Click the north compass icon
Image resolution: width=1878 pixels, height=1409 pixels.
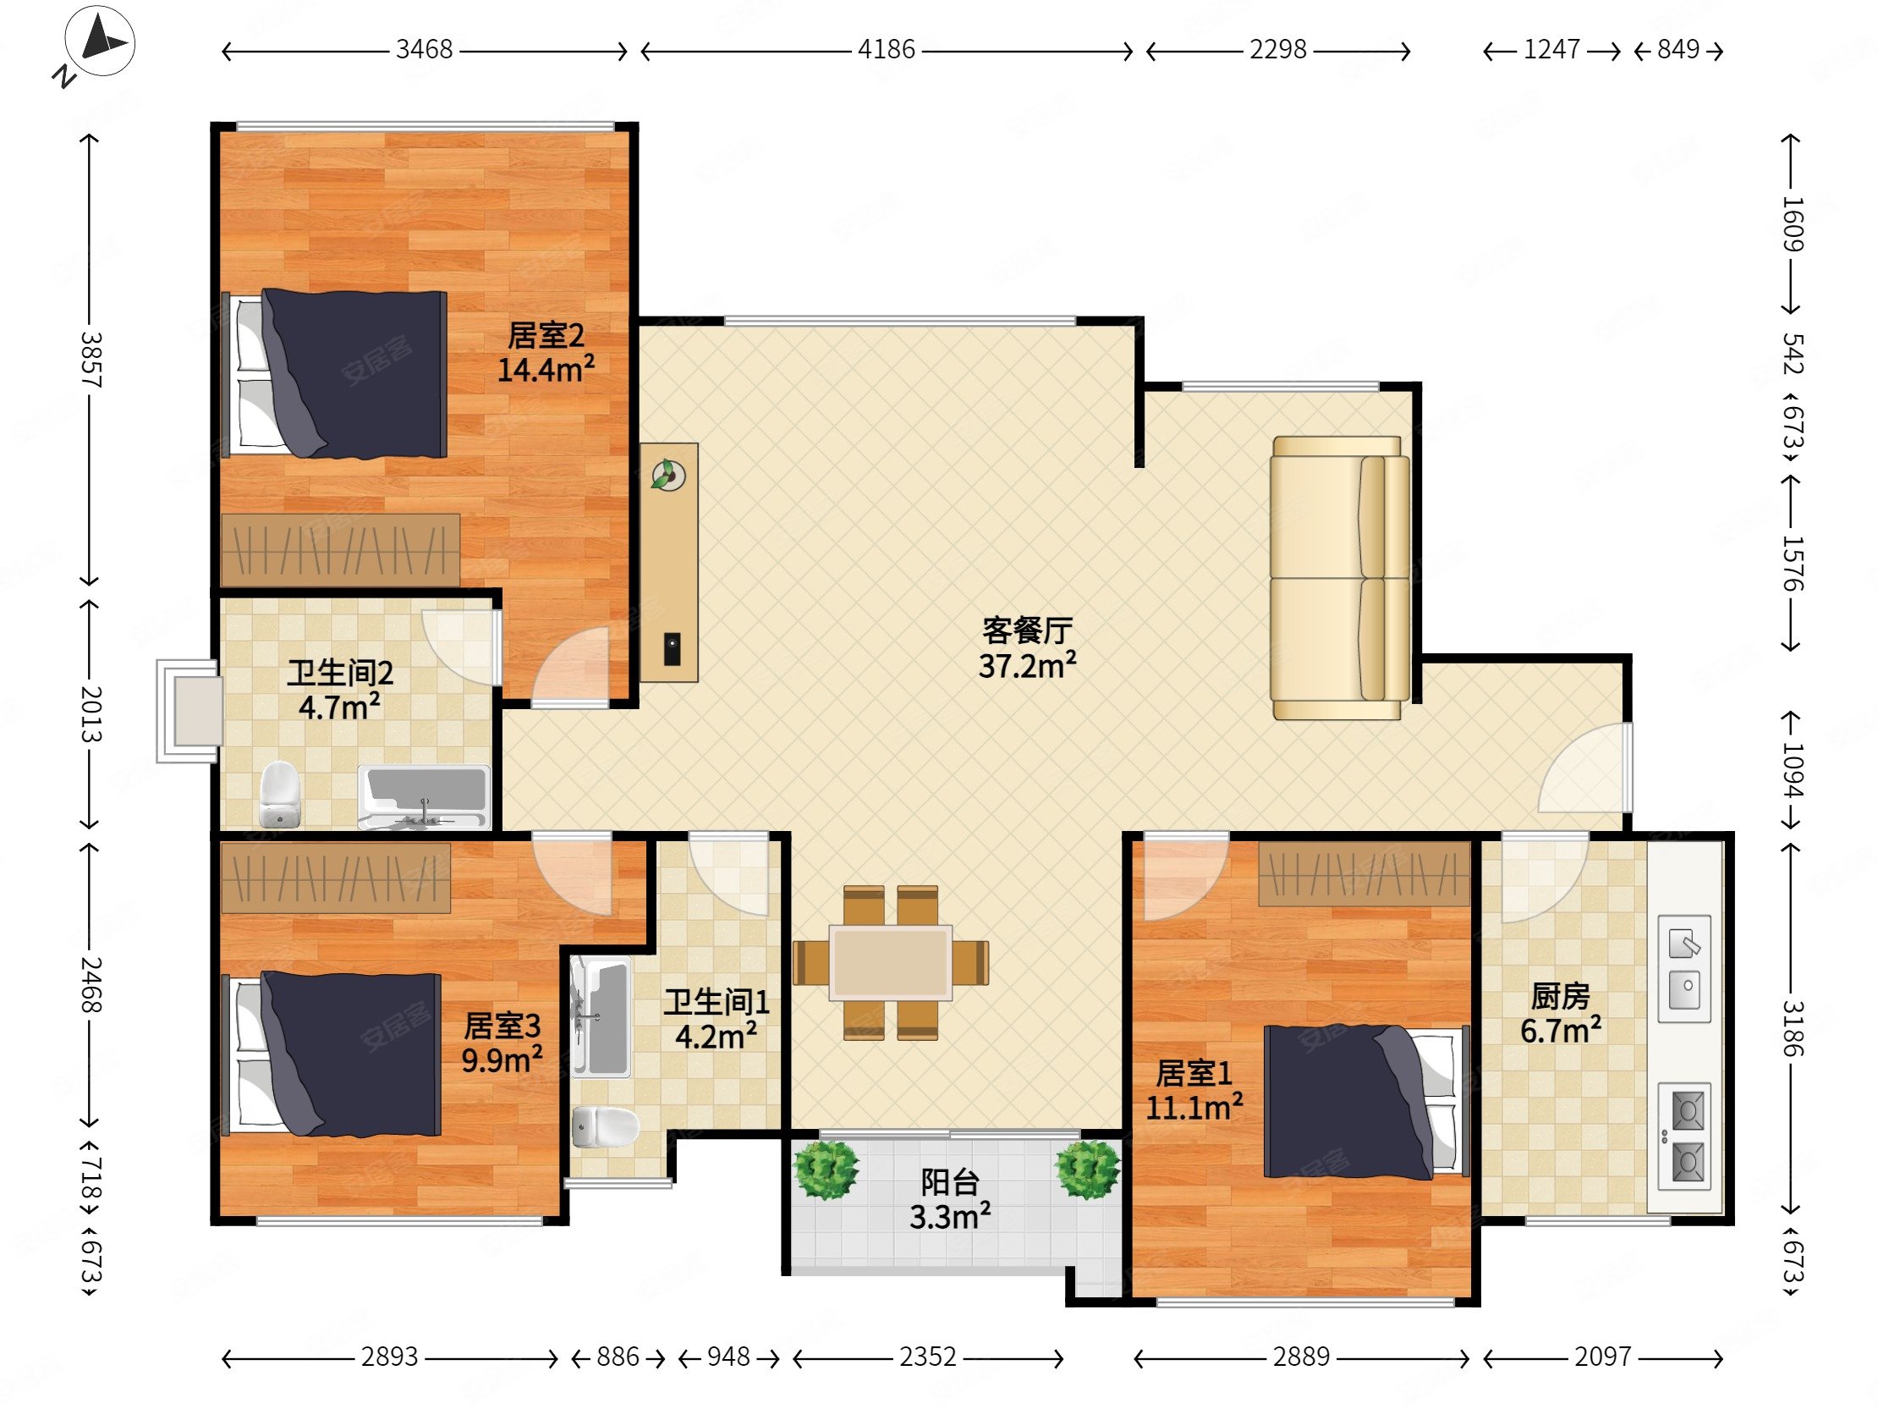coord(100,42)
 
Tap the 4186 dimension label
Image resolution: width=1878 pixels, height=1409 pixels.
coord(887,50)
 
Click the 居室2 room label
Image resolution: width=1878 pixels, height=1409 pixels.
coord(546,335)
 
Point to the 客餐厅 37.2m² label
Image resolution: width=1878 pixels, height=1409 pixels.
coord(1027,648)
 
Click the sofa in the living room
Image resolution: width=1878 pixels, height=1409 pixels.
coord(1340,577)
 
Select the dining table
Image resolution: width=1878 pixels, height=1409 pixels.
coord(891,962)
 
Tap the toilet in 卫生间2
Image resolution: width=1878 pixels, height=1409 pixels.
coord(279,794)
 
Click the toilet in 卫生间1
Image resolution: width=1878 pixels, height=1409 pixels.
coord(605,1127)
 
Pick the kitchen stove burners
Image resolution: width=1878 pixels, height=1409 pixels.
coord(1684,1137)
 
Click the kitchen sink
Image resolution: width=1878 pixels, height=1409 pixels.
coord(1684,969)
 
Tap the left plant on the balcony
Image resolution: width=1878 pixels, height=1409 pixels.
coord(825,1170)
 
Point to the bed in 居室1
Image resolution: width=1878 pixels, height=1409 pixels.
coord(1366,1102)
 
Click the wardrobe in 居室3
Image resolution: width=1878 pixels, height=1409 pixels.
coord(336,878)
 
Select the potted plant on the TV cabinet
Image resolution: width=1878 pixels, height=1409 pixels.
coord(668,475)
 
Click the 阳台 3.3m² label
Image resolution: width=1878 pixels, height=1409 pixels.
coord(950,1199)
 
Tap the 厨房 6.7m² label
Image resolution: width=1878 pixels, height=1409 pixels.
coord(1561,1013)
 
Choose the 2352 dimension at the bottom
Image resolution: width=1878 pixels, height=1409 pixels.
coord(928,1357)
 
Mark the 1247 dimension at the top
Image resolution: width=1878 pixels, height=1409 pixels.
coord(1551,50)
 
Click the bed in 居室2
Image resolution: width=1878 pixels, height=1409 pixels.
coord(334,374)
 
